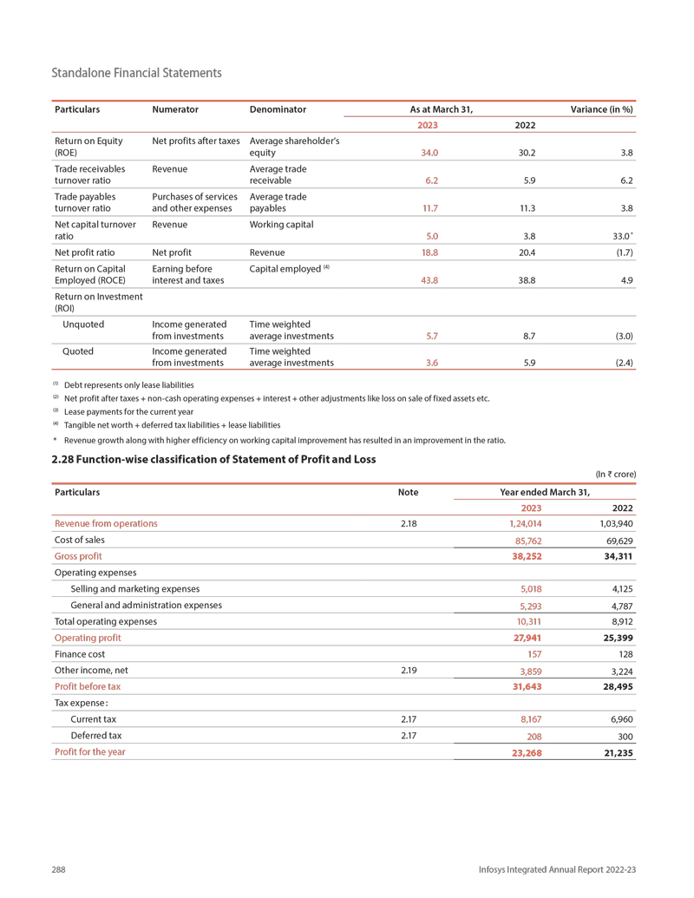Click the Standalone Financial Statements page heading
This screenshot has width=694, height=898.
coord(136,73)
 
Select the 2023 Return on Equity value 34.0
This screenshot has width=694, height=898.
coord(429,153)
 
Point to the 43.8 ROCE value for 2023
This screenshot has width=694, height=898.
coord(429,282)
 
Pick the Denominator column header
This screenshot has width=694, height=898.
coord(278,109)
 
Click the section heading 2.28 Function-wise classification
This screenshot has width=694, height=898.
coord(213,459)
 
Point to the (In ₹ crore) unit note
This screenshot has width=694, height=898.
coord(615,475)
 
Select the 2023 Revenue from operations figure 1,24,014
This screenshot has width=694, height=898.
coord(523,524)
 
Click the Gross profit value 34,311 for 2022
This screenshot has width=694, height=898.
coord(617,556)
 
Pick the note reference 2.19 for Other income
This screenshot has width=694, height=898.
coord(408,670)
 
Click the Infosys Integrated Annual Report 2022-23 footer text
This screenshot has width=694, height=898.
coord(557,869)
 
